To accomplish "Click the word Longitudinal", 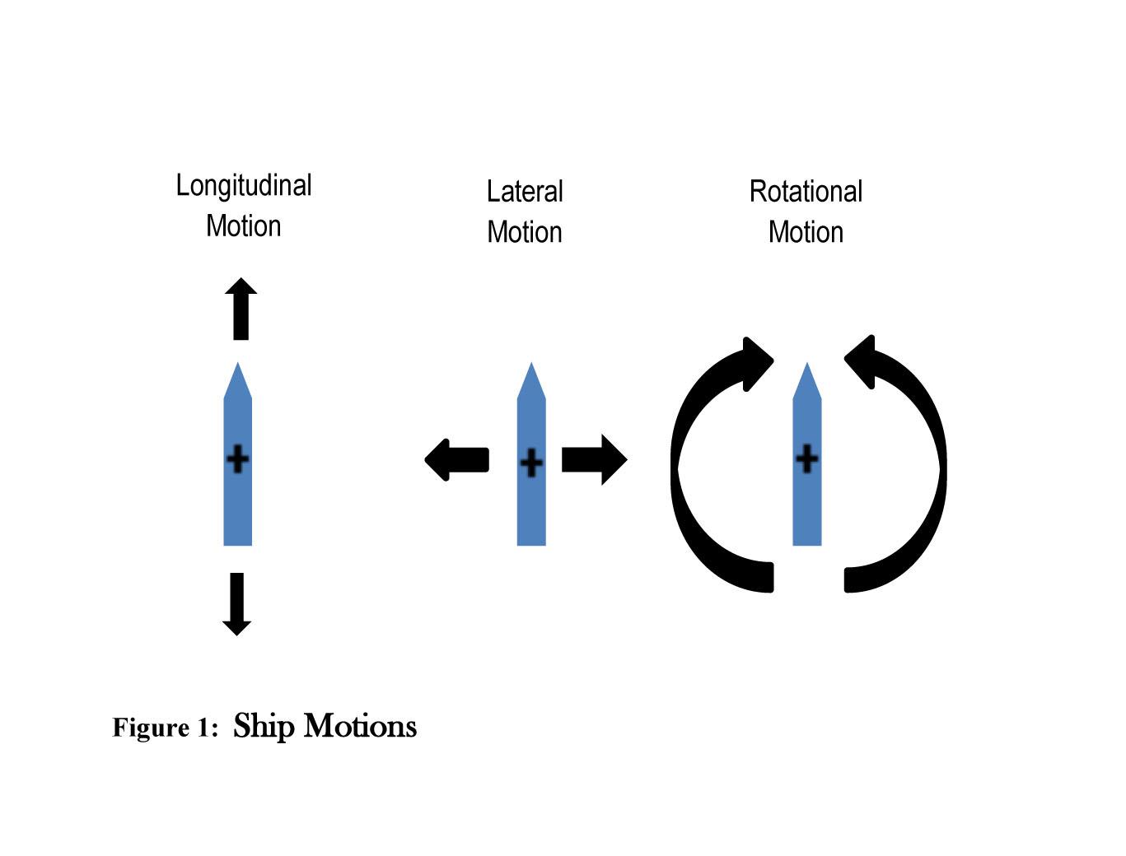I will click(244, 186).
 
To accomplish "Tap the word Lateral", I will click(525, 192).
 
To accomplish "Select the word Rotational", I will click(806, 192).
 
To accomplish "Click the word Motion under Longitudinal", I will click(244, 226).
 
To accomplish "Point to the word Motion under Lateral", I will click(525, 232).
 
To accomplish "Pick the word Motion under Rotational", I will click(806, 232).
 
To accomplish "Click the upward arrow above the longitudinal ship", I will click(241, 309).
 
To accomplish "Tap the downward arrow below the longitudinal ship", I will click(237, 603).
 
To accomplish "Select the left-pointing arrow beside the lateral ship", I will click(457, 459).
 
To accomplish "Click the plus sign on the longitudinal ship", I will click(237, 458).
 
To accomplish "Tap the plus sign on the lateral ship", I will click(531, 463).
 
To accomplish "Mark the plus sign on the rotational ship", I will click(807, 458).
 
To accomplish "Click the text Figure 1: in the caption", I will click(165, 728).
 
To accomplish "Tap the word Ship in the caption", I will click(264, 726).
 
